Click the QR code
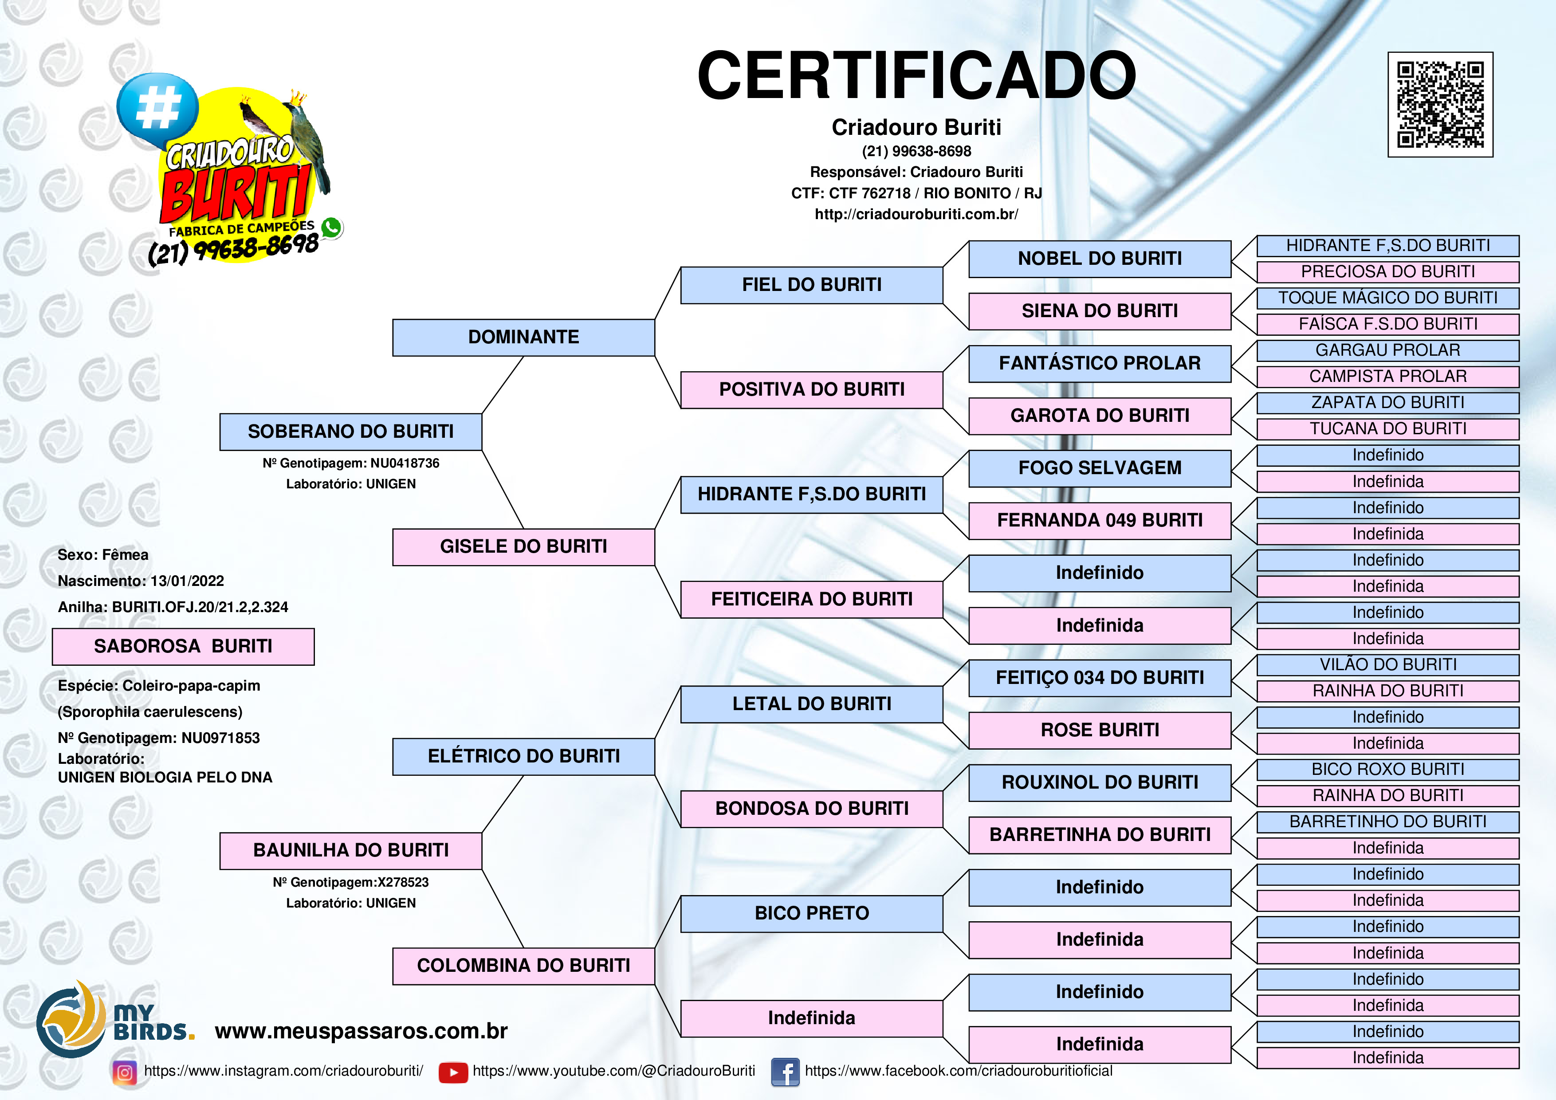pos(1440,104)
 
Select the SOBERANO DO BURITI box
pos(350,432)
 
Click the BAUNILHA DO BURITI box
pos(350,851)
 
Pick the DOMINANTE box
pos(523,338)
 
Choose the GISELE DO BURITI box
pos(523,547)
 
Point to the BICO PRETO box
pos(811,914)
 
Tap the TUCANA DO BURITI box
pos(1388,429)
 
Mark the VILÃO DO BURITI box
pos(1388,665)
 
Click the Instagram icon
pos(125,1072)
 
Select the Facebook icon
pos(786,1072)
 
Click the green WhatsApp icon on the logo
pos(331,228)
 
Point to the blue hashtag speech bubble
pos(157,108)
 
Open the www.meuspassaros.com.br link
pos(361,1032)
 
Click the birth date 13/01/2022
pos(187,581)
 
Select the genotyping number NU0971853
pos(220,738)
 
